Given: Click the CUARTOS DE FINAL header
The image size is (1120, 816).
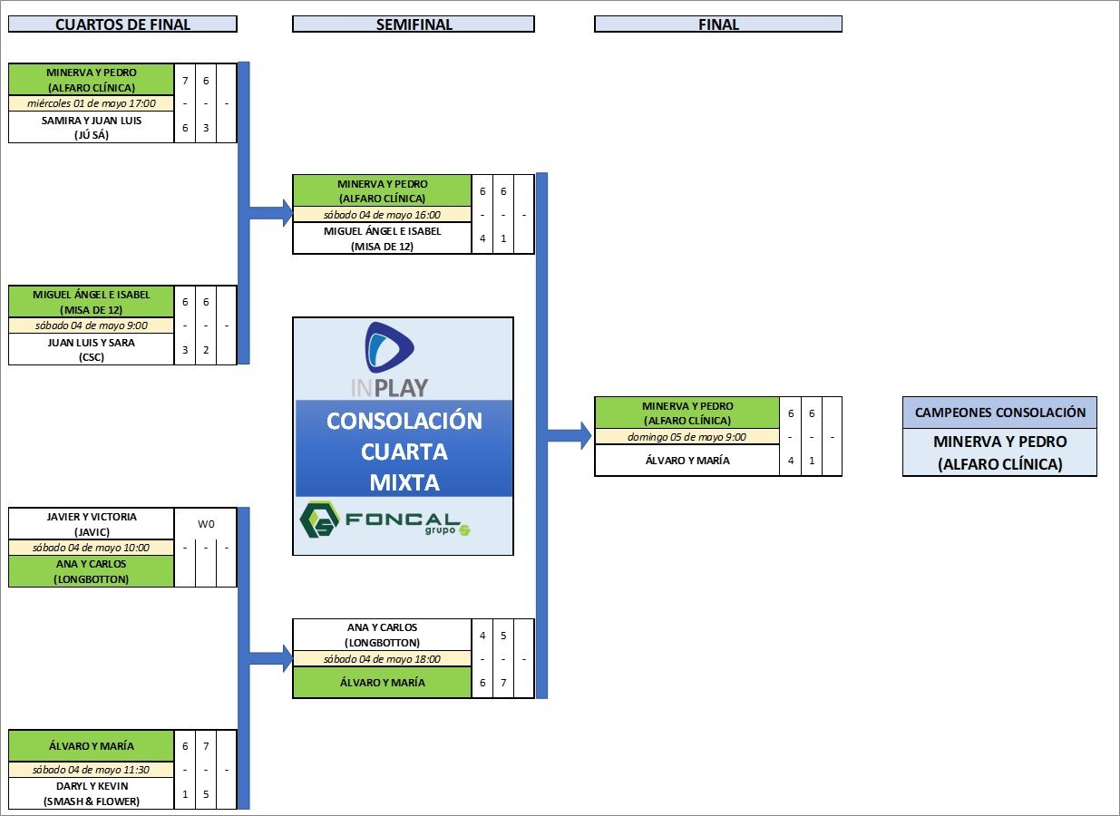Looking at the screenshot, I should pos(122,24).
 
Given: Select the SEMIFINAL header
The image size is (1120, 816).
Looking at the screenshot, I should pos(414,24).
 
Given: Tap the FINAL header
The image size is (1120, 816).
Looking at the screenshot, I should pos(718,24).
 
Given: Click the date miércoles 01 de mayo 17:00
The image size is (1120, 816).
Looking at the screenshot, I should pos(91,103).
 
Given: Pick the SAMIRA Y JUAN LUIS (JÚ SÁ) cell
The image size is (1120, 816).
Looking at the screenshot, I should pos(91,127).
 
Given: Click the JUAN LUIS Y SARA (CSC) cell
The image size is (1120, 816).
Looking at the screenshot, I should pos(91,349).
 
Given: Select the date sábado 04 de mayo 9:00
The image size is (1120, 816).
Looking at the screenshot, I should pos(91,325).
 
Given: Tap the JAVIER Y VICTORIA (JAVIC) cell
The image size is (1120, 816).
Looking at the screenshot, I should pos(91,523).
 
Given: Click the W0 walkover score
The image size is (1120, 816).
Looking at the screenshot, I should pos(206,523).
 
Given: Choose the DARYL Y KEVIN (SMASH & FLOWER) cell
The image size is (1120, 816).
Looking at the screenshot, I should pos(91,792).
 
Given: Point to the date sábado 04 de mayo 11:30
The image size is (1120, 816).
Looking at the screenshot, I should pos(91,770).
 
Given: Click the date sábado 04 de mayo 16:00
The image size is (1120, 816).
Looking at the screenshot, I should pos(382,215).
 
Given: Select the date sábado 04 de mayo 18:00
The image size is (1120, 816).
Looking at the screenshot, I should pos(382,659).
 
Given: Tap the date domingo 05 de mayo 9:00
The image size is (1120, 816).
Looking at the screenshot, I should pos(687,437).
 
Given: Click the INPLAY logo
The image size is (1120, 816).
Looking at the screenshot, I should pos(390,359).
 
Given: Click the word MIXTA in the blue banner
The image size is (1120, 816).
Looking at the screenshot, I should pos(404,482).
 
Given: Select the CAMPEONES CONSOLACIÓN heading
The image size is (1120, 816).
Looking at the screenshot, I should pos(999,413).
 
